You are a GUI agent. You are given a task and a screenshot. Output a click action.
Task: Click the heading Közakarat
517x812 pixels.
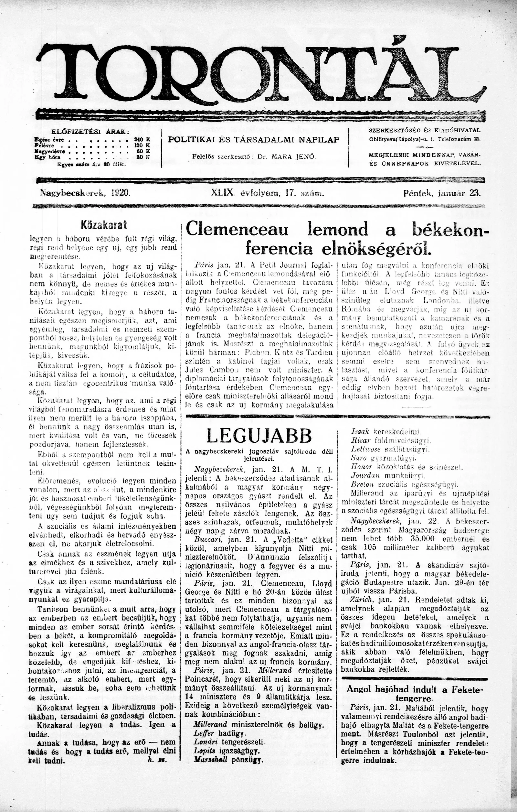pyautogui.click(x=103, y=225)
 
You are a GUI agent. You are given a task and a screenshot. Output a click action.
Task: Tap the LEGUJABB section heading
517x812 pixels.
pyautogui.click(x=259, y=436)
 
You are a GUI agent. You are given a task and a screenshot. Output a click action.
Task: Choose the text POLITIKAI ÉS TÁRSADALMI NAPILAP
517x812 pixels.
pyautogui.click(x=253, y=140)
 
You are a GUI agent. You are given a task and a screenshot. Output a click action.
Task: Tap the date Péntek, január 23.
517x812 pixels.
pyautogui.click(x=441, y=193)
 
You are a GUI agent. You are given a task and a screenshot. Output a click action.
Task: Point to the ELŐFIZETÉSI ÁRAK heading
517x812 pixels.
pyautogui.click(x=90, y=132)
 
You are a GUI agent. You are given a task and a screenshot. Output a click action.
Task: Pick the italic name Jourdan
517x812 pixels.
pyautogui.click(x=366, y=475)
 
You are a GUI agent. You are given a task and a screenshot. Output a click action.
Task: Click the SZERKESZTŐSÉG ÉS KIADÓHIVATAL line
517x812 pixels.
pyautogui.click(x=425, y=130)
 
